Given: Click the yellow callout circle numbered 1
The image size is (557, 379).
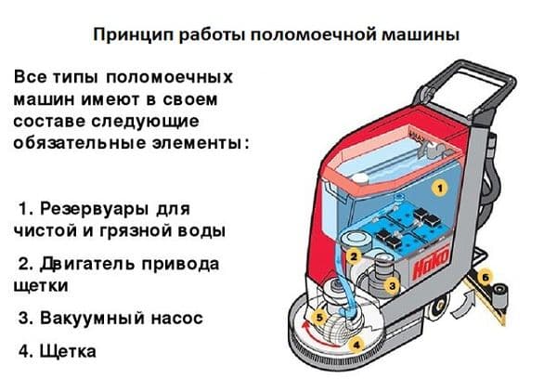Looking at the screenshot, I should [x=442, y=186].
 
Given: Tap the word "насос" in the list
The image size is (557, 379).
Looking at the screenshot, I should [x=175, y=318].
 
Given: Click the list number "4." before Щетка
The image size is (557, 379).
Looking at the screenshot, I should [x=24, y=352].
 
